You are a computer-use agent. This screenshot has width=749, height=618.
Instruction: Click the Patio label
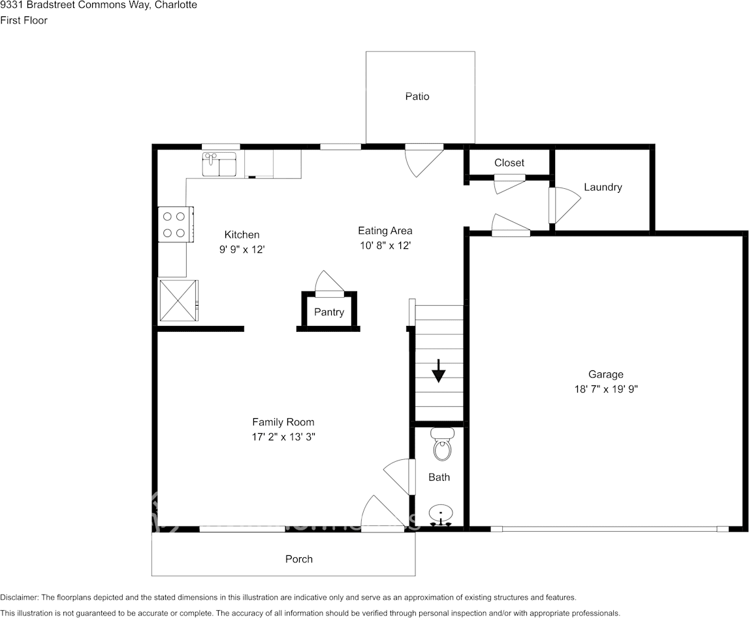pos(417,97)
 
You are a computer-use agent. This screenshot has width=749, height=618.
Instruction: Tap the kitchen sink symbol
pos(219,164)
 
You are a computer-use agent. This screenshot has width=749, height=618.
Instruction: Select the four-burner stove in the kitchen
pos(174,224)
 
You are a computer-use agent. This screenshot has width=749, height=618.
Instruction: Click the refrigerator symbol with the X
pos(178,301)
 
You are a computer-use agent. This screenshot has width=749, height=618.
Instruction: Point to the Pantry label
pos(328,312)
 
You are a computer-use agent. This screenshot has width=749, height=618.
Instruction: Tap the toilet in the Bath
pos(442,446)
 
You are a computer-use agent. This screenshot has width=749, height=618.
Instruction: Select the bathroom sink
pos(441,515)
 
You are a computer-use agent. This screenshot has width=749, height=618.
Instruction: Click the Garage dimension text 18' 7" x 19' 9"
pos(605,389)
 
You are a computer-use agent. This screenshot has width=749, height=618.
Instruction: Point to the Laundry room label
pos(603,187)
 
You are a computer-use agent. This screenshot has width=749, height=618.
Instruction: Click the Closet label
pos(509,163)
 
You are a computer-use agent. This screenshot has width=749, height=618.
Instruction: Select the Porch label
pos(298,559)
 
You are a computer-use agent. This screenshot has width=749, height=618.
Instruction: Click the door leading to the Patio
pos(421,159)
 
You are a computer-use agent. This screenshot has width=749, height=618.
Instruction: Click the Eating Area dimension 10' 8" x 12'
pos(385,246)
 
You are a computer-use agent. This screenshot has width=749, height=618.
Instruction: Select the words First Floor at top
pos(24,20)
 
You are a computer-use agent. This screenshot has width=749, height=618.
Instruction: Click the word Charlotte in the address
pos(176,5)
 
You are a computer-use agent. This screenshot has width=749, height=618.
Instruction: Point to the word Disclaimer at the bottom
pos(19,597)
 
